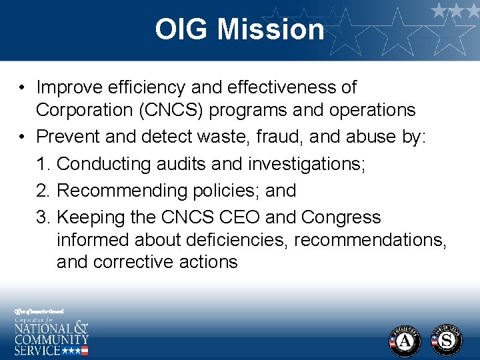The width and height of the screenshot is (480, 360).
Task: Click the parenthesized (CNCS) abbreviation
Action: [153, 110]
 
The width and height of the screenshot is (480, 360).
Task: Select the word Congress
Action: [341, 217]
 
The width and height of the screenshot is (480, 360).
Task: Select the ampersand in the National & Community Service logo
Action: [80, 329]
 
